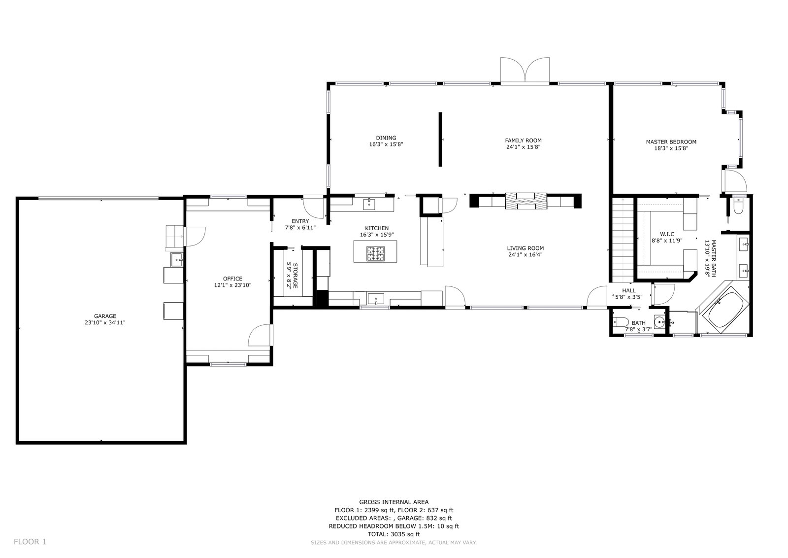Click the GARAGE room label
[x=105, y=316]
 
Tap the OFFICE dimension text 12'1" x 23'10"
[x=232, y=285]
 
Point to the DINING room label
[x=386, y=138]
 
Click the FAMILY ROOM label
[x=523, y=140]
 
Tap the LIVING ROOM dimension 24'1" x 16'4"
[x=525, y=254]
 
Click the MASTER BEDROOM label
[x=671, y=142]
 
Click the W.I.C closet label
[x=667, y=234]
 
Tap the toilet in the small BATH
[x=621, y=322]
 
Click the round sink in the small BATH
[x=659, y=322]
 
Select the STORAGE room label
[x=295, y=276]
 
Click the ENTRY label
[x=300, y=221]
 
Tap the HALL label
[x=628, y=290]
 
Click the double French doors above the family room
[x=525, y=70]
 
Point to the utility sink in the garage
[x=177, y=260]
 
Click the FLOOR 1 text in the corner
[x=30, y=542]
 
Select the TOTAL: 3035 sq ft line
[x=394, y=534]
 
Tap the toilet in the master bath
[x=738, y=207]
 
